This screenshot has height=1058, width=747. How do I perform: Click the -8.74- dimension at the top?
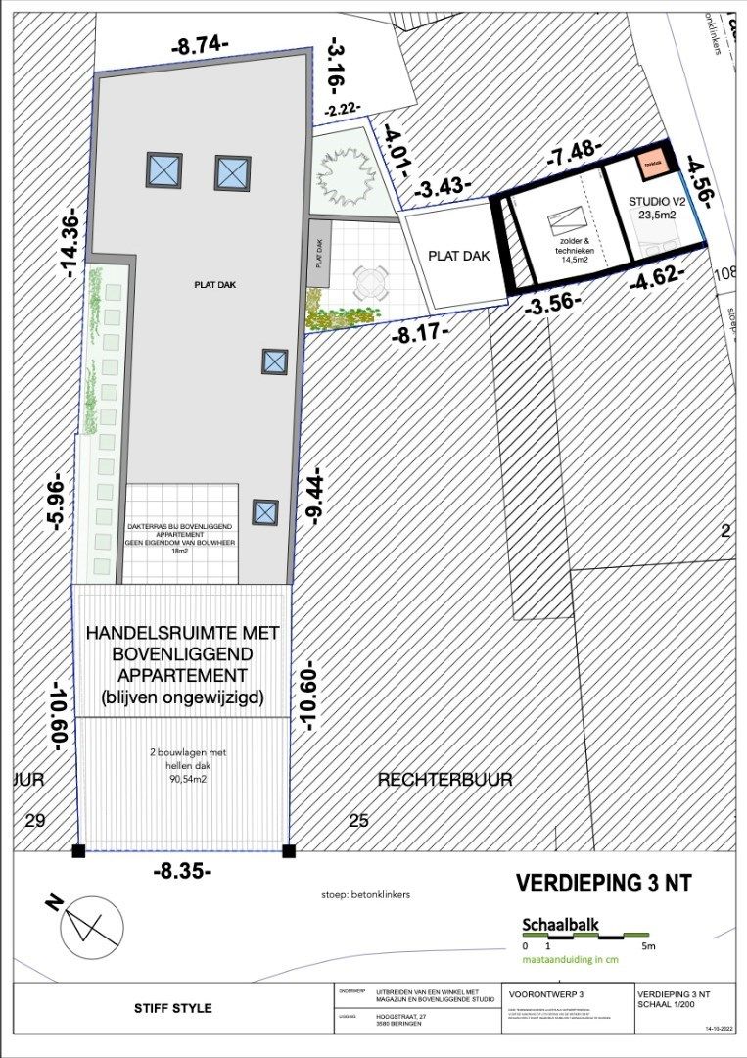click(200, 45)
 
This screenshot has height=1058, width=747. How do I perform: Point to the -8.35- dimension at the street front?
click(183, 870)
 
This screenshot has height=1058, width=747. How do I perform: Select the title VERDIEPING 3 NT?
click(603, 883)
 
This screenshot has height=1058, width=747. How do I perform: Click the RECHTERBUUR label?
click(445, 779)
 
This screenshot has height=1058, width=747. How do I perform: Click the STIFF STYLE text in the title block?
click(172, 1007)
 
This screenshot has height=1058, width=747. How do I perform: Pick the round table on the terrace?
click(371, 285)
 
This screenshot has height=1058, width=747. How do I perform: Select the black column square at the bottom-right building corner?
click(289, 851)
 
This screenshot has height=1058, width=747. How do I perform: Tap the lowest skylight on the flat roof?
click(265, 511)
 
